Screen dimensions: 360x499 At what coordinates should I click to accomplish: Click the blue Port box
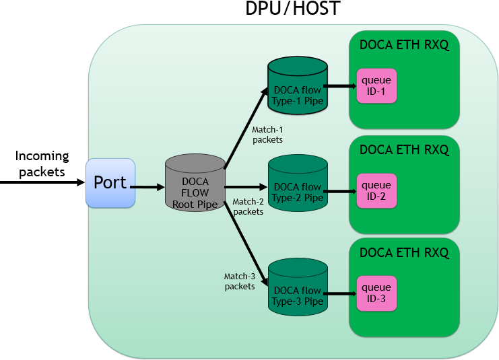click(x=110, y=183)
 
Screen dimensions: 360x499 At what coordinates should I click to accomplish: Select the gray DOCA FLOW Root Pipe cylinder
click(x=195, y=183)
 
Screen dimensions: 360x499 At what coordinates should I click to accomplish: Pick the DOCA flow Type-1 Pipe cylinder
click(x=297, y=86)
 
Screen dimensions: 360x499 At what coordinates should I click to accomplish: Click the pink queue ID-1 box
click(x=376, y=86)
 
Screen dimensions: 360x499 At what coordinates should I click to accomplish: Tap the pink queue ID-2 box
click(x=376, y=190)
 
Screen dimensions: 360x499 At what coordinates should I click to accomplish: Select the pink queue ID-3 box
click(x=376, y=293)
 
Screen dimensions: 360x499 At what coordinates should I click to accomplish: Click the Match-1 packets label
click(x=267, y=135)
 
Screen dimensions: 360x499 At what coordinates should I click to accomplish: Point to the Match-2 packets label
click(x=248, y=206)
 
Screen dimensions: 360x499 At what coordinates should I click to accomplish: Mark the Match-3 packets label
click(x=240, y=281)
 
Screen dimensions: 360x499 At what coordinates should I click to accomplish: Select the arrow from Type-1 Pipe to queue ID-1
click(x=341, y=86)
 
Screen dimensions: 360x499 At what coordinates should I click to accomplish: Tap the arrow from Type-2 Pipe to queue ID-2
click(x=341, y=191)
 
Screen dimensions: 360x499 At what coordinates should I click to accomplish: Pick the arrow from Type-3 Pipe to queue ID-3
click(x=341, y=293)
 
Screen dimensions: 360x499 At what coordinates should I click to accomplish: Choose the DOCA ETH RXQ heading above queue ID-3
click(x=404, y=252)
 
